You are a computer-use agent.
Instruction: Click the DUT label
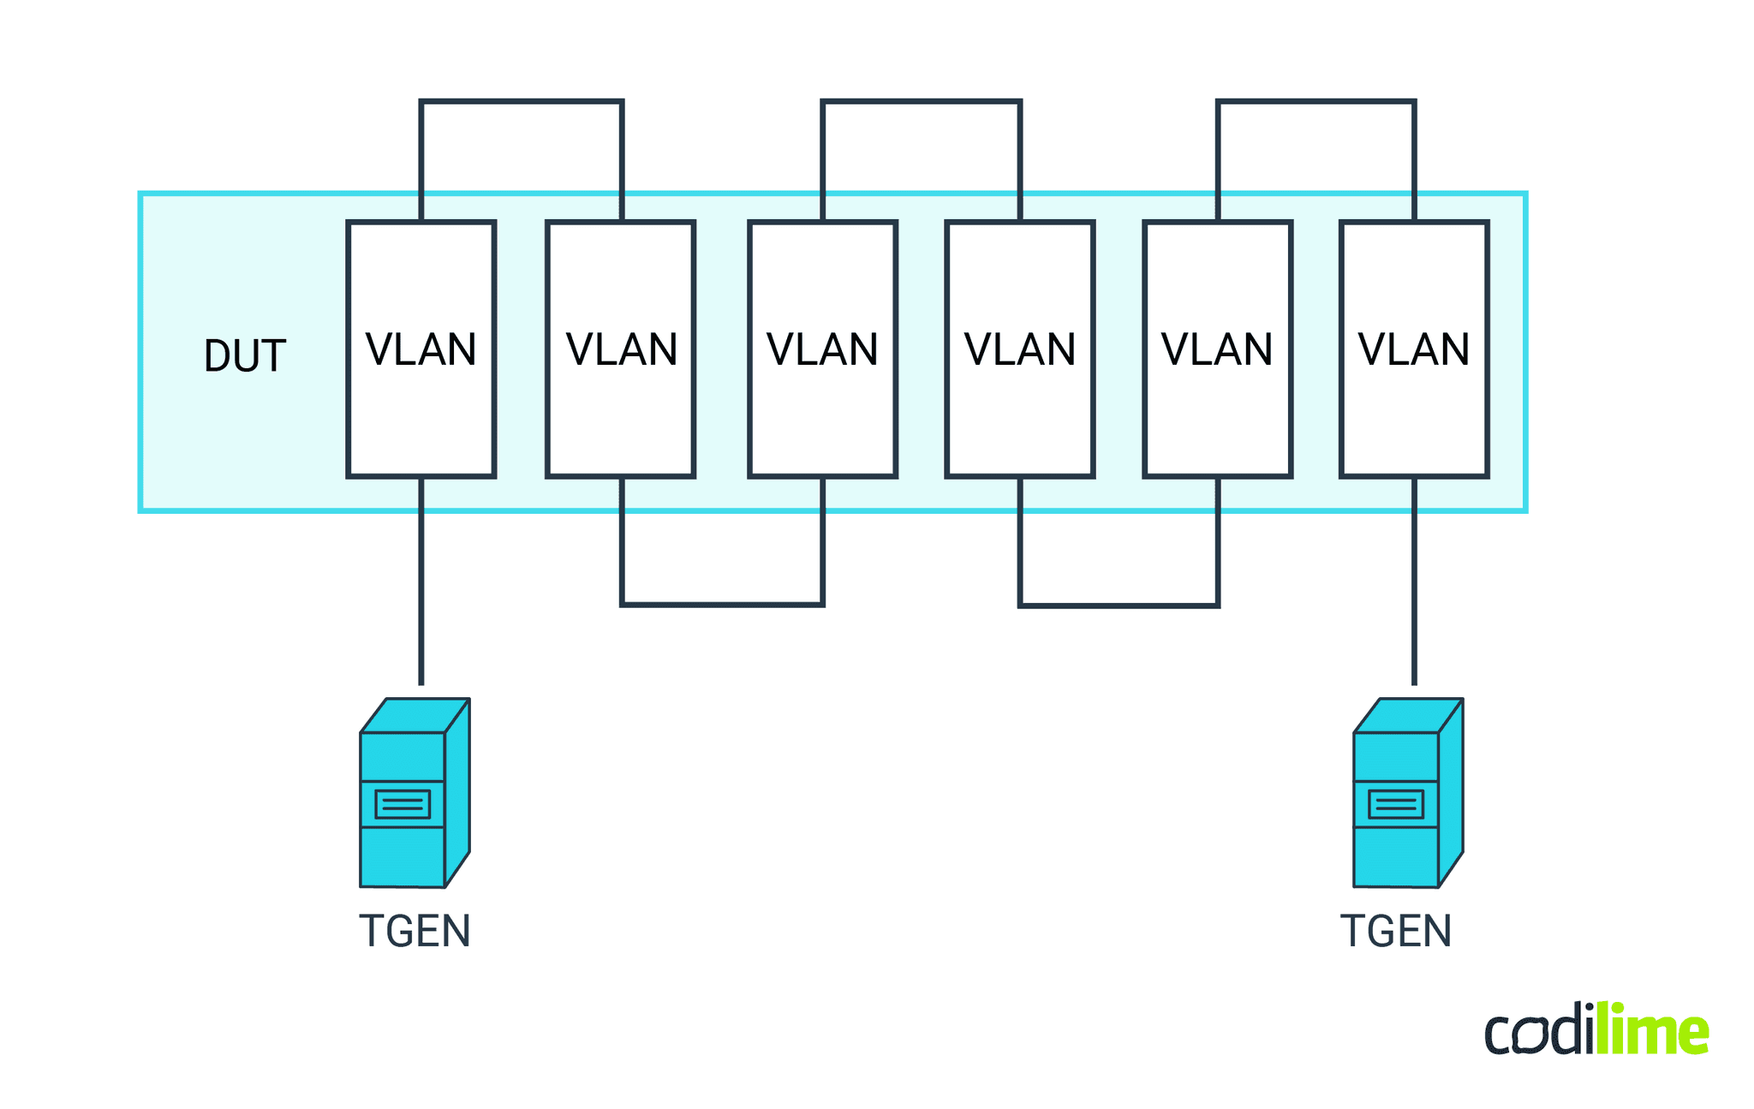point(244,356)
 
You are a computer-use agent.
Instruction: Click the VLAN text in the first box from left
point(421,349)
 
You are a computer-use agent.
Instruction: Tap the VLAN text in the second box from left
point(621,349)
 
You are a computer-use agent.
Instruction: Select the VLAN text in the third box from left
point(822,349)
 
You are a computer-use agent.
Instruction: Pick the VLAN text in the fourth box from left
point(1019,349)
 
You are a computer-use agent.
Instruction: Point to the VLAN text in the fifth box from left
point(1216,349)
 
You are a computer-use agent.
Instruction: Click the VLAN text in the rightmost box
point(1413,349)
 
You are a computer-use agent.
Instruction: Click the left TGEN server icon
point(414,793)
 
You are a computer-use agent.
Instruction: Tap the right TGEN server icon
point(1407,793)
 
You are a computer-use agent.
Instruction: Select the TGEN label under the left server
point(415,931)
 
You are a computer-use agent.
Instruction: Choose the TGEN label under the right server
point(1396,931)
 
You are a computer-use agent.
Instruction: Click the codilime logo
point(1596,1029)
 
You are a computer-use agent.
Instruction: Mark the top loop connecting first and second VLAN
point(521,102)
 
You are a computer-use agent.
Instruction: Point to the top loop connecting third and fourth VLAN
point(921,102)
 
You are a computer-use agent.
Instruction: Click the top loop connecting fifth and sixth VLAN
point(1315,102)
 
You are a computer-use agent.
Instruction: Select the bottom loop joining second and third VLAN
point(722,605)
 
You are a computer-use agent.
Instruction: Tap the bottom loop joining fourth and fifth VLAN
point(1119,605)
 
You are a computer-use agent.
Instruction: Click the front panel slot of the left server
point(403,804)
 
